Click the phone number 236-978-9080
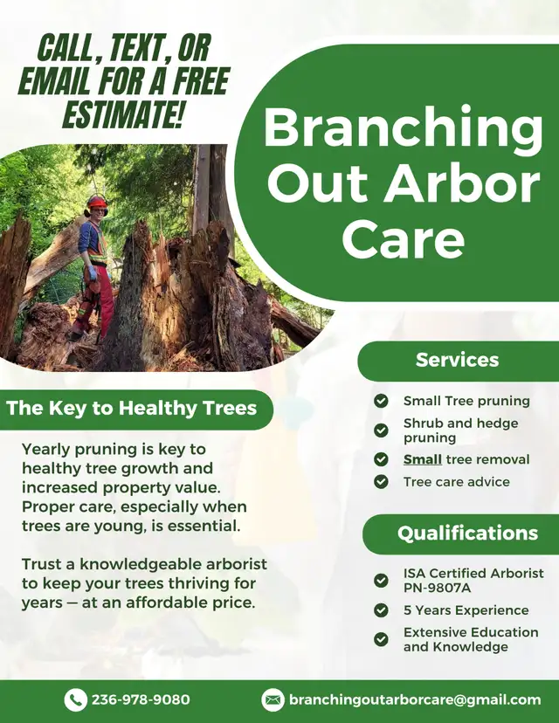point(141,699)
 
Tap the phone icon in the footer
point(76,700)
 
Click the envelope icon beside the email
point(273,700)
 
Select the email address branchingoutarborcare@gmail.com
point(415,700)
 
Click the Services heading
point(457,360)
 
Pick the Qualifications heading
point(467,533)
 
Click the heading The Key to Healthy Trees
point(131,408)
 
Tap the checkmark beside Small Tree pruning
point(381,401)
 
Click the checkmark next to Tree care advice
point(381,482)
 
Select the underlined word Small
point(423,459)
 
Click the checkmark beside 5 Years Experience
point(381,610)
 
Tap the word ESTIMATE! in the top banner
point(124,112)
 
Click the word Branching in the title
point(404,127)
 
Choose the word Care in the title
point(404,238)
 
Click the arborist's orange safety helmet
point(97,202)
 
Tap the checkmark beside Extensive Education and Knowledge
point(381,639)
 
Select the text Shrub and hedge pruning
point(461,430)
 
